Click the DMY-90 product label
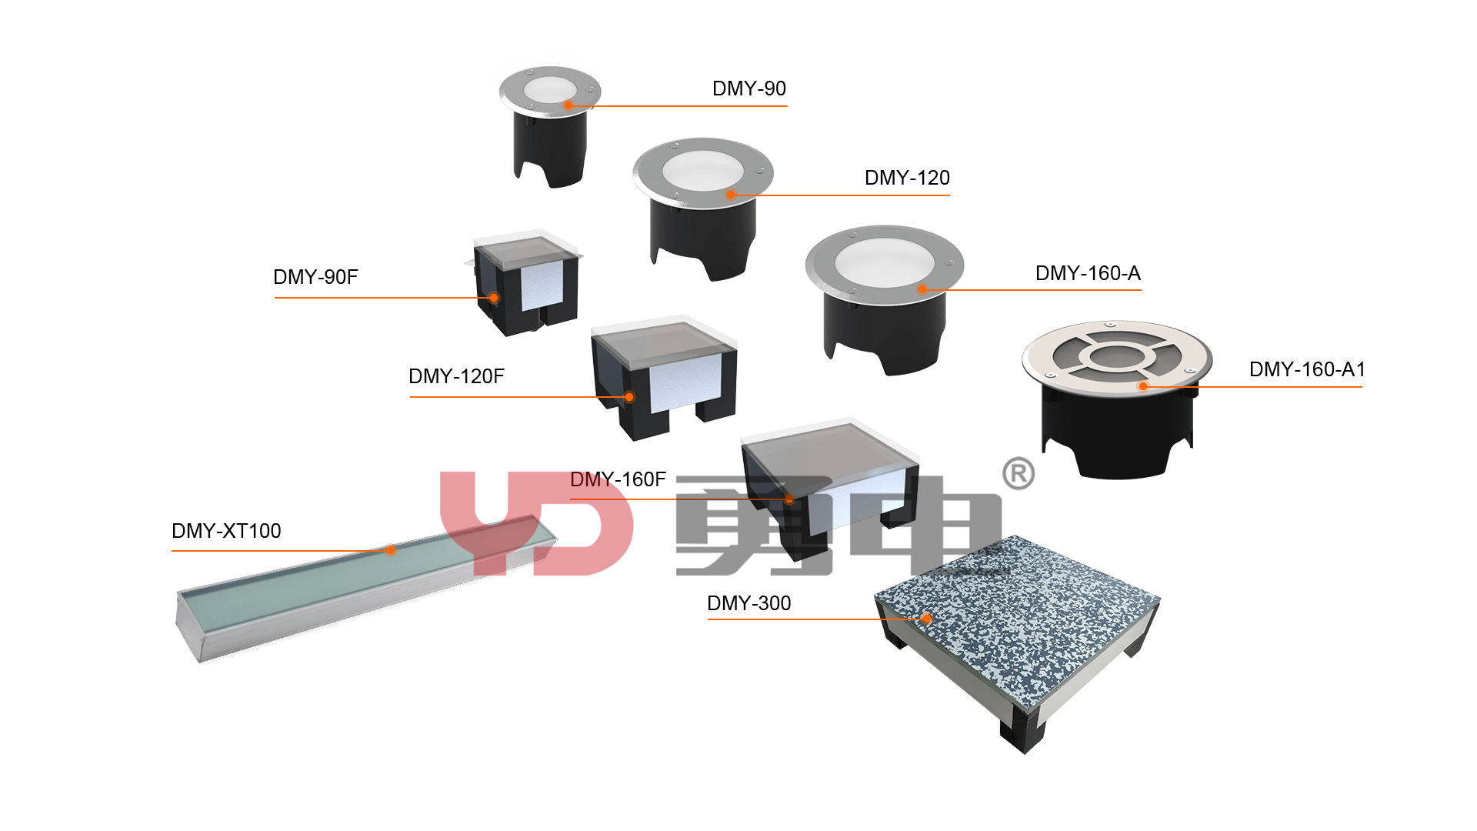pyautogui.click(x=749, y=88)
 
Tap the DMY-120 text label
pyautogui.click(x=907, y=178)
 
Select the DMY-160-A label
pyautogui.click(x=1088, y=273)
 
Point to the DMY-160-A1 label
pyautogui.click(x=1307, y=369)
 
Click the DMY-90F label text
pyautogui.click(x=315, y=277)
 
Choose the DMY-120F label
pyautogui.click(x=456, y=376)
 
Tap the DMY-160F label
pyautogui.click(x=618, y=479)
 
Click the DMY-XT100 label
pyautogui.click(x=226, y=531)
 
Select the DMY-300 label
pyautogui.click(x=749, y=603)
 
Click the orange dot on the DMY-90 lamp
pyautogui.click(x=568, y=105)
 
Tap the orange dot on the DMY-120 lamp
pyautogui.click(x=731, y=195)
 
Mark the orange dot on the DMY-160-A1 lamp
pyautogui.click(x=1143, y=386)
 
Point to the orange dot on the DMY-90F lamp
pyautogui.click(x=494, y=298)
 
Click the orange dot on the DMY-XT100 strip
pyautogui.click(x=391, y=550)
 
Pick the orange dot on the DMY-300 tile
pyautogui.click(x=927, y=619)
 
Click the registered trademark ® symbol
pyautogui.click(x=1019, y=474)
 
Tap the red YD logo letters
pyautogui.click(x=536, y=523)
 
